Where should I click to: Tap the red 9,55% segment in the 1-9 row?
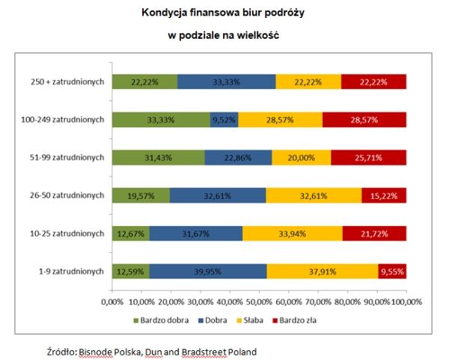tap(392, 271)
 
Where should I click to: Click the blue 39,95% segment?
tap(207, 271)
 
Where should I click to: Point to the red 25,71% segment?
tap(368, 157)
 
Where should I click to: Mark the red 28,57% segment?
tap(364, 119)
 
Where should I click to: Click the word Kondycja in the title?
tap(163, 13)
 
